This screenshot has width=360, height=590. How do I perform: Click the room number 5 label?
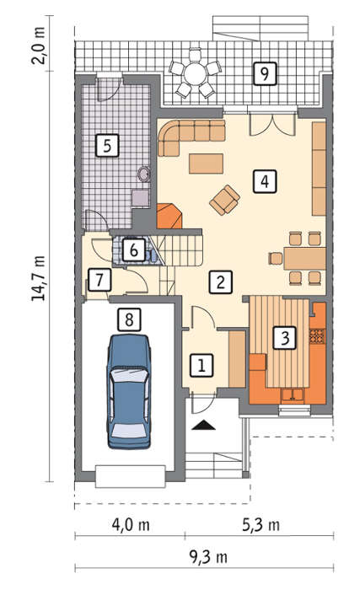click(107, 145)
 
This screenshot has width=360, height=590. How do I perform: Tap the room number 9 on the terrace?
click(265, 73)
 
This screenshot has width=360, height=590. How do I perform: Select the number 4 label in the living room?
click(265, 181)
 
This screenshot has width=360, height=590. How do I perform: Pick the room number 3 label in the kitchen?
click(285, 337)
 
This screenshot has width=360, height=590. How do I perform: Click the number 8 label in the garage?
click(129, 319)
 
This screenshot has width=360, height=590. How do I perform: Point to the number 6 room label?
click(134, 249)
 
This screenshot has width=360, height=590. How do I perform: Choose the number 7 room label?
click(99, 280)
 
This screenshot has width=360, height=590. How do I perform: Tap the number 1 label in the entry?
click(201, 365)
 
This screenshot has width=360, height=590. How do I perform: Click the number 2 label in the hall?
click(220, 282)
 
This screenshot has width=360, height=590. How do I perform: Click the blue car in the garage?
click(129, 392)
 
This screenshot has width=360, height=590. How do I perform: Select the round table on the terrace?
click(194, 73)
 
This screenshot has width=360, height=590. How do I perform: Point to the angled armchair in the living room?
click(225, 200)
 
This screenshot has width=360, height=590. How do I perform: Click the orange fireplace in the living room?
click(169, 216)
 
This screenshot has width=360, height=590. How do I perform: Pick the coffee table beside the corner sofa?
click(206, 164)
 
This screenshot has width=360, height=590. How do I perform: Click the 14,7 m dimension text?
click(39, 277)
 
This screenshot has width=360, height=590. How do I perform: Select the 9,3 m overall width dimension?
click(208, 557)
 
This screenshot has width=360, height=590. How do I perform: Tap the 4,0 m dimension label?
click(131, 525)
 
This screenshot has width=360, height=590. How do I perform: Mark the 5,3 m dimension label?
click(261, 525)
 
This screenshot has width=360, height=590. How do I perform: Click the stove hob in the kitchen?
click(317, 336)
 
